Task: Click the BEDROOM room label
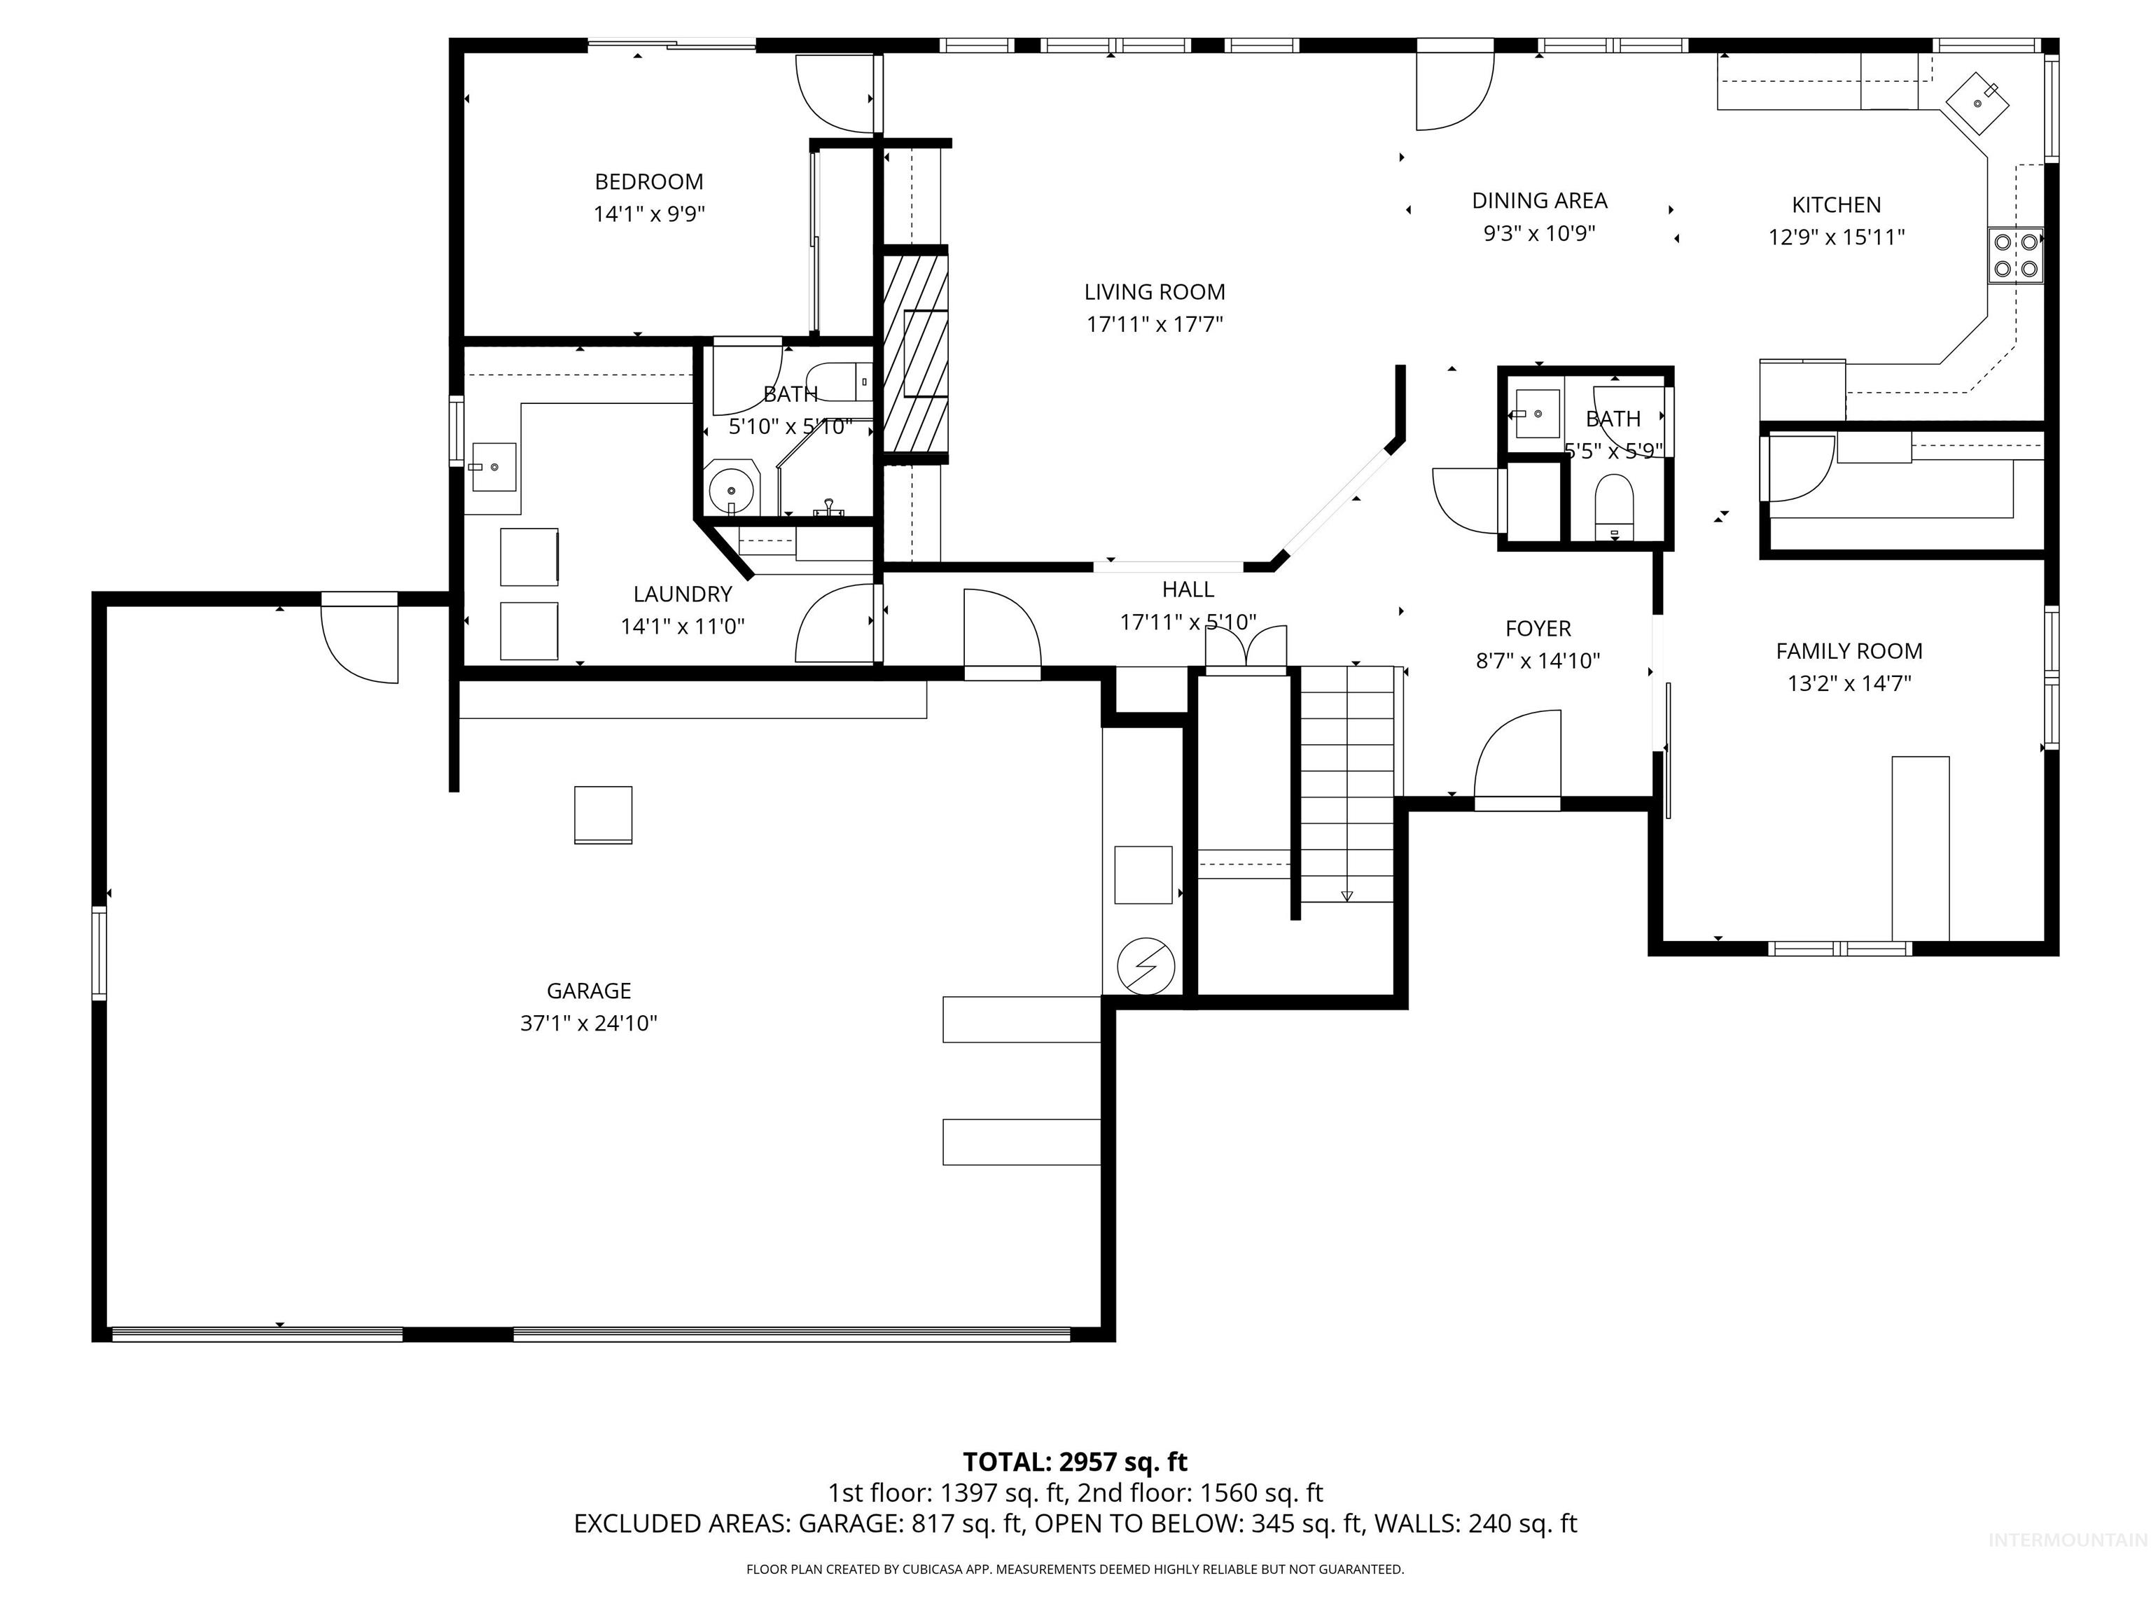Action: click(x=648, y=182)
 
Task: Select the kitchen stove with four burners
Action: click(x=2016, y=255)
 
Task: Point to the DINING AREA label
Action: click(x=1539, y=201)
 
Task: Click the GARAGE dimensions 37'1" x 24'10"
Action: click(x=588, y=1023)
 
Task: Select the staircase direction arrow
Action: click(x=1346, y=895)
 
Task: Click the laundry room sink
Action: click(x=494, y=467)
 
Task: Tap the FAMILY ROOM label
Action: click(x=1849, y=651)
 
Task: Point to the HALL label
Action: click(x=1188, y=589)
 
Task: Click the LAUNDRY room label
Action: click(x=683, y=594)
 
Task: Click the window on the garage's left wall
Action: click(x=99, y=952)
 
